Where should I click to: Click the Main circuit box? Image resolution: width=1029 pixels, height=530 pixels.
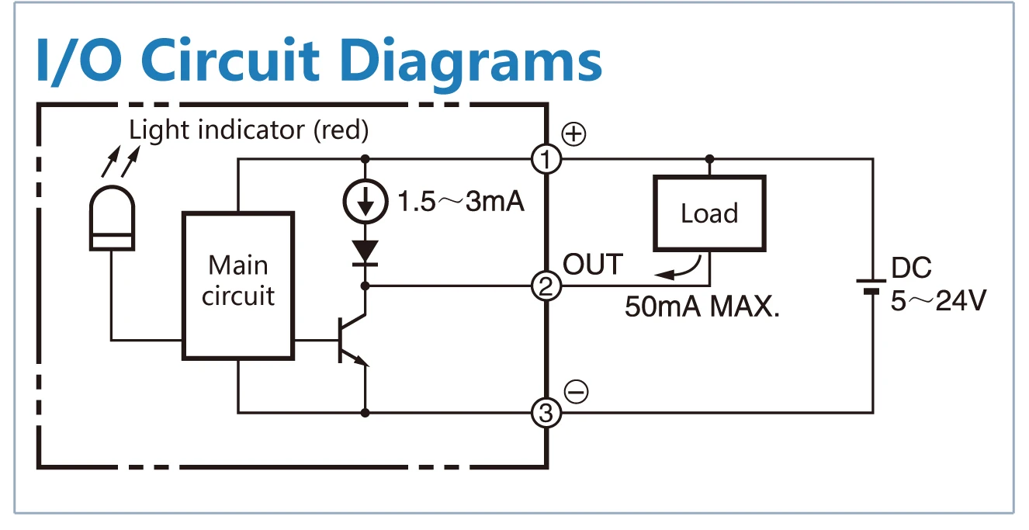coord(238,286)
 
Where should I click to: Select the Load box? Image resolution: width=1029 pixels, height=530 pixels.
coord(709,213)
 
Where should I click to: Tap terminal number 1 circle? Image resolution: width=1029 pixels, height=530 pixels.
coord(546,160)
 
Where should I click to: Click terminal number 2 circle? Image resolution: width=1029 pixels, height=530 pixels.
coord(546,287)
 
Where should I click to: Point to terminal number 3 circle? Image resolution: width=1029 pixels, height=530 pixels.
coord(546,413)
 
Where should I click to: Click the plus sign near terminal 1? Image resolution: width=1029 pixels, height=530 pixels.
coord(573,134)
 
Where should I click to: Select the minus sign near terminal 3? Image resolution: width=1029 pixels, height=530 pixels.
coord(575,392)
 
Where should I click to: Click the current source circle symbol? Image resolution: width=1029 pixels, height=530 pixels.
coord(365,202)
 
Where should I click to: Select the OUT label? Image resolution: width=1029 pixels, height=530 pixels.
coord(593,265)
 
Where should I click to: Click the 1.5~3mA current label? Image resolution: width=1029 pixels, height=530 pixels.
coord(461,202)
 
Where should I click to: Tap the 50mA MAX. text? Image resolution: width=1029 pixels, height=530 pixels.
coord(702,307)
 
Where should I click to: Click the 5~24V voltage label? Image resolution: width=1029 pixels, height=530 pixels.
coord(938,301)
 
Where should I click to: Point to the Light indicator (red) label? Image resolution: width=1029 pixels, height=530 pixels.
coord(248,130)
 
